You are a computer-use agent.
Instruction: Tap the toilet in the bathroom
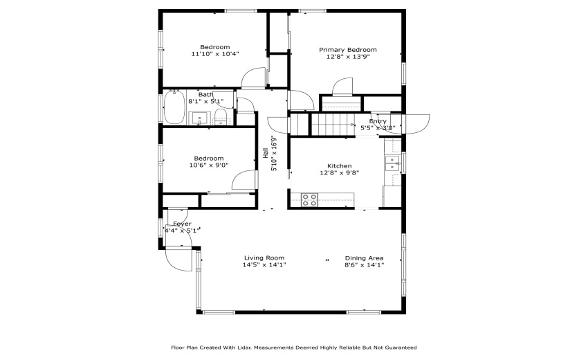coord(219,116)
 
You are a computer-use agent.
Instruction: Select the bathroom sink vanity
coord(201,117)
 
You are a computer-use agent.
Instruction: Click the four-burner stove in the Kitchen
coord(309,201)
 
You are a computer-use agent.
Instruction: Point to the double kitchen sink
coord(392,163)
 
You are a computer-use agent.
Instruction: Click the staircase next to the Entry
coord(332,125)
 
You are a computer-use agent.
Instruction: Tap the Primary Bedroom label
coord(347,50)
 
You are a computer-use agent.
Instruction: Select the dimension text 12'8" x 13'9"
coord(347,57)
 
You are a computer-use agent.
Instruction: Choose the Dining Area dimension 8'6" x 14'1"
coord(364,265)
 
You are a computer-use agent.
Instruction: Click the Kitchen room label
coord(339,166)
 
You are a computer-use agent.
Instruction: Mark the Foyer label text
coord(182,224)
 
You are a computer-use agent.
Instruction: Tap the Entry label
coord(378,121)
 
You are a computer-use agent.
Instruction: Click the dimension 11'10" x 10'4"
coord(215,54)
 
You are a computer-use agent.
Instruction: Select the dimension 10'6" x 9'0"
coord(208,165)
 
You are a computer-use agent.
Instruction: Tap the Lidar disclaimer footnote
coord(294,348)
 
